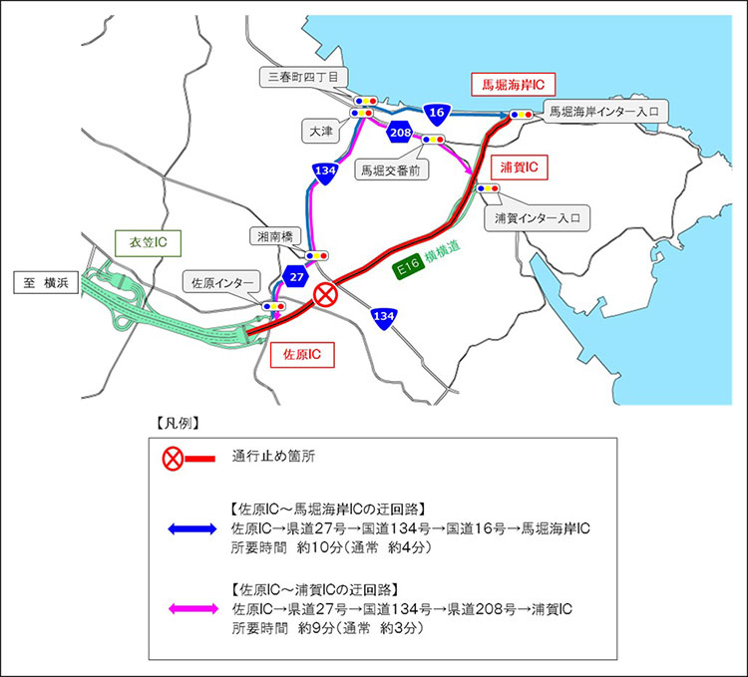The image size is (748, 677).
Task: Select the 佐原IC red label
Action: point(301,353)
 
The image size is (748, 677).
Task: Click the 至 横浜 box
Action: point(44,284)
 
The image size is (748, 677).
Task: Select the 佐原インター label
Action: point(224,282)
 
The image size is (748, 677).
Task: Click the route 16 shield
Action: point(435,114)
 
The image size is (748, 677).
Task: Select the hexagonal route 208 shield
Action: point(401,133)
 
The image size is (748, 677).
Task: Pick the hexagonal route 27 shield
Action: point(295,276)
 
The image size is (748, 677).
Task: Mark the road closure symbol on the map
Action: point(326,295)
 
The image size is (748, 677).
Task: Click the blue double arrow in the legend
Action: point(188,529)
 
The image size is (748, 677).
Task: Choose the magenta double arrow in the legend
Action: point(188,606)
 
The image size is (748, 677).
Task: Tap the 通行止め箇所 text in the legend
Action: point(268,459)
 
